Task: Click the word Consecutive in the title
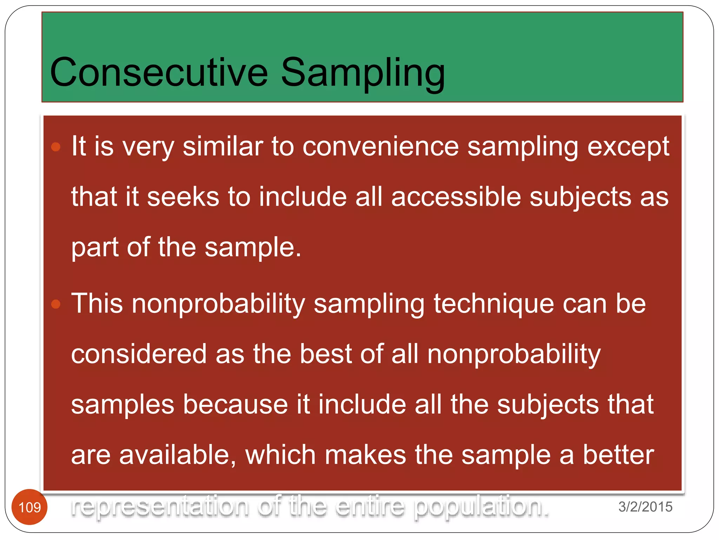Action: pos(159,72)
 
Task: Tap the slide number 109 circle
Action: pos(29,507)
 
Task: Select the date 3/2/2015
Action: pos(645,507)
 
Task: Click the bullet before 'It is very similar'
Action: pos(56,147)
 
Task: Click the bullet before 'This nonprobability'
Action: pos(56,304)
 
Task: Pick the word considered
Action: pos(139,354)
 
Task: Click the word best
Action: pos(325,354)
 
